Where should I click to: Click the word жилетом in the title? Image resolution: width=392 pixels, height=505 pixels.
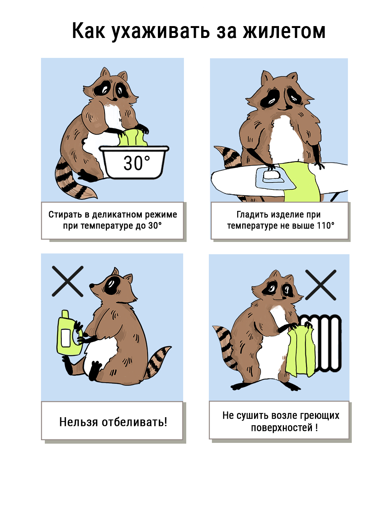(284, 31)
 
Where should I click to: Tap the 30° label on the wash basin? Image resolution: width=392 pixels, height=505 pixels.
(136, 163)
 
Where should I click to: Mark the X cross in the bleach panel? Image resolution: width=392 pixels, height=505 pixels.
(67, 281)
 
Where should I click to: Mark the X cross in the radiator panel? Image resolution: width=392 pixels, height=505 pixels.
(320, 285)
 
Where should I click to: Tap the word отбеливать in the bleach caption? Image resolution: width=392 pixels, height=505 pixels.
(134, 422)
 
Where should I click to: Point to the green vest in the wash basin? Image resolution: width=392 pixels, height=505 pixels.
(133, 138)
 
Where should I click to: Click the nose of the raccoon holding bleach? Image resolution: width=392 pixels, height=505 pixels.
(92, 285)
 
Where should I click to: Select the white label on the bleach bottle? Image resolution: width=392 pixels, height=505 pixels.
(66, 338)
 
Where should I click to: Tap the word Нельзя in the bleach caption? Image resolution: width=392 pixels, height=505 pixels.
(79, 422)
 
